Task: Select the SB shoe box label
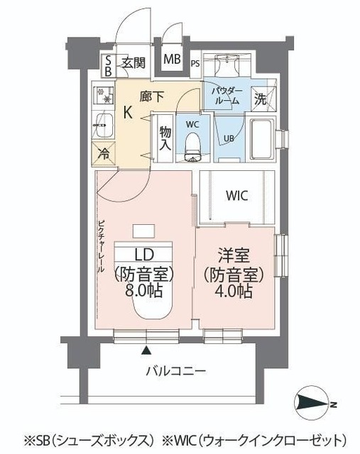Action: [107, 65]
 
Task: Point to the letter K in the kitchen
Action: [129, 112]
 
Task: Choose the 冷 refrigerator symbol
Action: [104, 152]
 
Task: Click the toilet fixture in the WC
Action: [192, 145]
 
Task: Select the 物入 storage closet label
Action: [165, 138]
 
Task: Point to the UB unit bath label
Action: [229, 138]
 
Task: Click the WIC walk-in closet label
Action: [236, 196]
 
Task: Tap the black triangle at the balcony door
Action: [146, 350]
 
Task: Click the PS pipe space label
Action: [195, 65]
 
